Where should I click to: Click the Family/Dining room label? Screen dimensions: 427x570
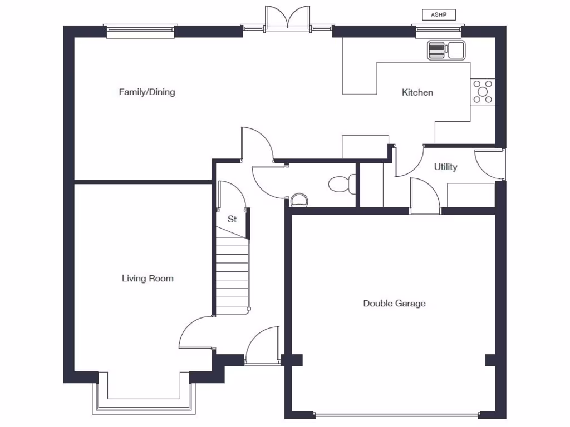tap(147, 92)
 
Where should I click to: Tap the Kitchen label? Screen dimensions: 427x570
tap(417, 92)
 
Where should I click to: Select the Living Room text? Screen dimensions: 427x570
tap(148, 278)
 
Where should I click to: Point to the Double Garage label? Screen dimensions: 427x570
tap(394, 303)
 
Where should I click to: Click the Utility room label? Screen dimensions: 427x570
tap(445, 167)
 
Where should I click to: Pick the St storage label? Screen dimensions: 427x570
tap(232, 219)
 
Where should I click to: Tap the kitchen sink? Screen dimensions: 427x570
tap(445, 50)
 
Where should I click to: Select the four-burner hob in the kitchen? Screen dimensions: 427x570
tap(482, 92)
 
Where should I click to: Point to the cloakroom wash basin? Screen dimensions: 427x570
tap(299, 199)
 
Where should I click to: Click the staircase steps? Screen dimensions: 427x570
tap(232, 272)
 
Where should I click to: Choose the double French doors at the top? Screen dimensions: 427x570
tap(287, 18)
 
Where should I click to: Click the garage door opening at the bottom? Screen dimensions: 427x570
tap(396, 414)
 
